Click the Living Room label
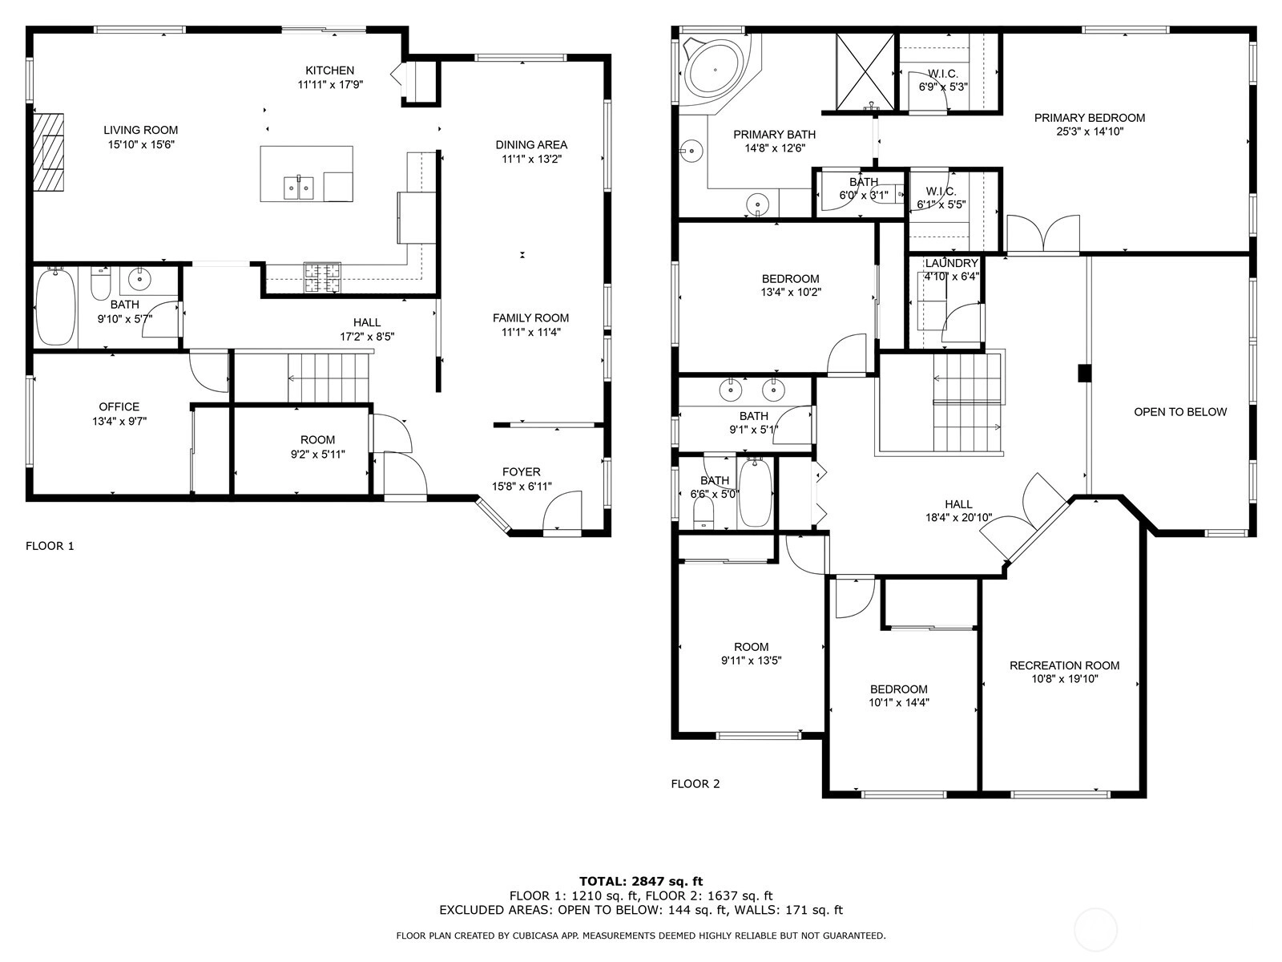click(x=141, y=130)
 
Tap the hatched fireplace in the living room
click(x=48, y=152)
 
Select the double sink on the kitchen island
click(x=298, y=188)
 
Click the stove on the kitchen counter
click(x=322, y=277)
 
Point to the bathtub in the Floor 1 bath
click(x=56, y=307)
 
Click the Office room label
click(x=119, y=407)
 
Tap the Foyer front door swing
click(x=562, y=511)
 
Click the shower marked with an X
click(x=865, y=71)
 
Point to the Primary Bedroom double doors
click(x=1043, y=233)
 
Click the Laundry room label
click(x=952, y=264)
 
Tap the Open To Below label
click(x=1180, y=412)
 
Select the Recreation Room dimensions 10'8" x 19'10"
click(x=1065, y=679)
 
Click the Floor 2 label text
click(x=695, y=784)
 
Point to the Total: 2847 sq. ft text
click(x=641, y=881)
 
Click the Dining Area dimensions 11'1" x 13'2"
click(x=531, y=159)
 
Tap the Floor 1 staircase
click(x=329, y=378)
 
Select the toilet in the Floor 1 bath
click(x=101, y=283)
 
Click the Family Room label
click(x=531, y=318)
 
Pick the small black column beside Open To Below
click(x=1085, y=374)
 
